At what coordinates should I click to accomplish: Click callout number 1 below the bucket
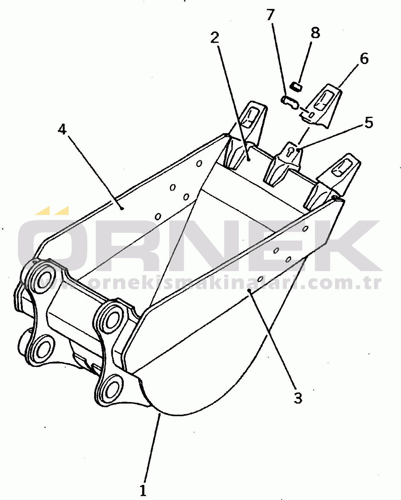[143, 490]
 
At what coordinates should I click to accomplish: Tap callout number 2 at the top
[215, 38]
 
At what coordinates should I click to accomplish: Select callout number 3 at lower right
[298, 398]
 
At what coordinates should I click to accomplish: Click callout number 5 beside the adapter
[369, 123]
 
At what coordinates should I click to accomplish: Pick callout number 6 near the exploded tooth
[364, 59]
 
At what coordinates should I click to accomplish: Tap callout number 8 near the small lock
[315, 33]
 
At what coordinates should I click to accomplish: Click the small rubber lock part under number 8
[297, 86]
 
